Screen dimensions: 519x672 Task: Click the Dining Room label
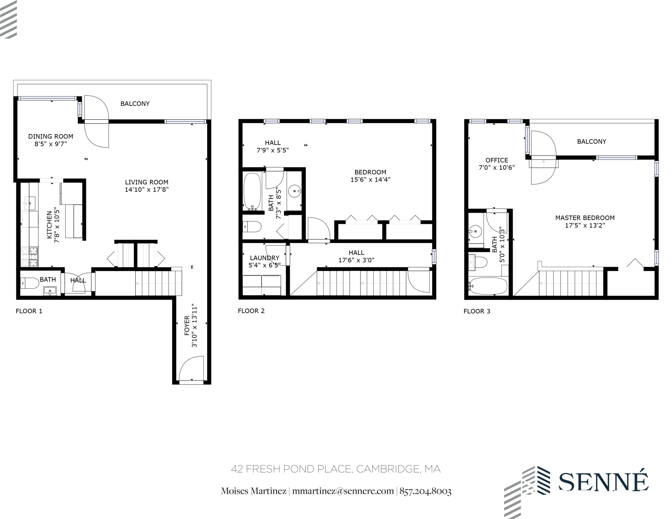click(51, 136)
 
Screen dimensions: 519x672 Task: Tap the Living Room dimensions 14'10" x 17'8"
click(146, 190)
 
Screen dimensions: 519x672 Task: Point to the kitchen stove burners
click(30, 257)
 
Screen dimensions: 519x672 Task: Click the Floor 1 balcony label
click(135, 104)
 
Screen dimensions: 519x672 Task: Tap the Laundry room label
click(264, 258)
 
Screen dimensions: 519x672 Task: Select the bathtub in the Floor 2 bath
click(252, 191)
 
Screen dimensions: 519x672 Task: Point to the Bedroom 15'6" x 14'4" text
click(370, 176)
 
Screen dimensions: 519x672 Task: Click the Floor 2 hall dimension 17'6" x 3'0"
click(356, 260)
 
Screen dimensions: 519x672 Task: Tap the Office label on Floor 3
click(496, 160)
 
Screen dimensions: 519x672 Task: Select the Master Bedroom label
click(585, 218)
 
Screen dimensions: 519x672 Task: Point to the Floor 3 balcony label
click(591, 142)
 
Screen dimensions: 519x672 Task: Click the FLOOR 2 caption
click(251, 311)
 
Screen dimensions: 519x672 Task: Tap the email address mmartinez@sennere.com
click(343, 491)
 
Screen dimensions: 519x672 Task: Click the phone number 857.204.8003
click(425, 491)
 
